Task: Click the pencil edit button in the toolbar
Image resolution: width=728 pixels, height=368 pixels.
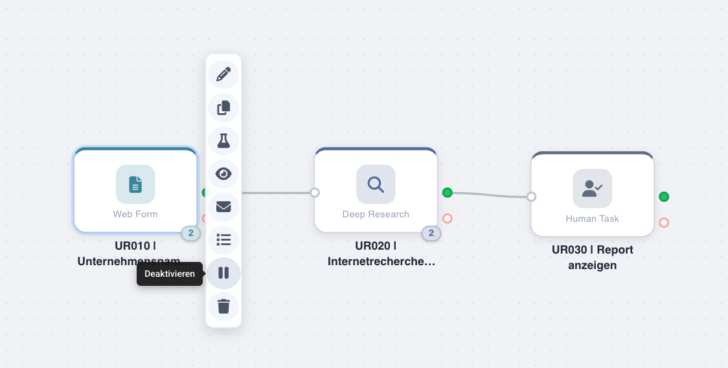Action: coord(223,74)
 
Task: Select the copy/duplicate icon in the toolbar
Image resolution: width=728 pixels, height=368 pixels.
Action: coord(223,107)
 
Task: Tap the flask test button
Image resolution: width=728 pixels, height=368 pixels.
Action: coord(223,140)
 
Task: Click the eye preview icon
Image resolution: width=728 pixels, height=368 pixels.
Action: coord(223,173)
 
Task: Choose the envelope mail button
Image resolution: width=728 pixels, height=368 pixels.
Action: coord(223,206)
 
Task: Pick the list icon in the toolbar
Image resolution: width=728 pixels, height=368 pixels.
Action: coord(223,240)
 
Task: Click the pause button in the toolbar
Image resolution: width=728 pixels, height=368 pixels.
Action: coord(223,273)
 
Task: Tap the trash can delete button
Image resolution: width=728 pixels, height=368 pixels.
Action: coord(223,306)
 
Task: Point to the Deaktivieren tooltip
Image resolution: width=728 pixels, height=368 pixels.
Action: coord(169,274)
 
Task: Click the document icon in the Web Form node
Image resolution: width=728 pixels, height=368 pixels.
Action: coord(135,184)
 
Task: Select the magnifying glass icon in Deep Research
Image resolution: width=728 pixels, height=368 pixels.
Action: coord(376,184)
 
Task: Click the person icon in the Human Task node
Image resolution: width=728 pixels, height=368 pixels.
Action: coord(592,188)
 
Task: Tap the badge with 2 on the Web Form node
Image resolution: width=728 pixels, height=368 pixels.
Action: coord(190,233)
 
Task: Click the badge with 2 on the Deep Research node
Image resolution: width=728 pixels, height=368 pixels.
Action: coord(431,233)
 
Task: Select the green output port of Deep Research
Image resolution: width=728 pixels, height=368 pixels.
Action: coord(447,192)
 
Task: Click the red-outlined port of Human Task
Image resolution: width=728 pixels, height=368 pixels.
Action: coord(664,222)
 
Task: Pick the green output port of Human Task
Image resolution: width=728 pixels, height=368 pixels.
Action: coord(664,197)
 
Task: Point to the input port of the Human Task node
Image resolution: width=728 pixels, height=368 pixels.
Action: coord(531,197)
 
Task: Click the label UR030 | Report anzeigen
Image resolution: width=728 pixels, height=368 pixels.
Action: coord(592,257)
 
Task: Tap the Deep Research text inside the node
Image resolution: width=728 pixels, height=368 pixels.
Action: coord(376,214)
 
